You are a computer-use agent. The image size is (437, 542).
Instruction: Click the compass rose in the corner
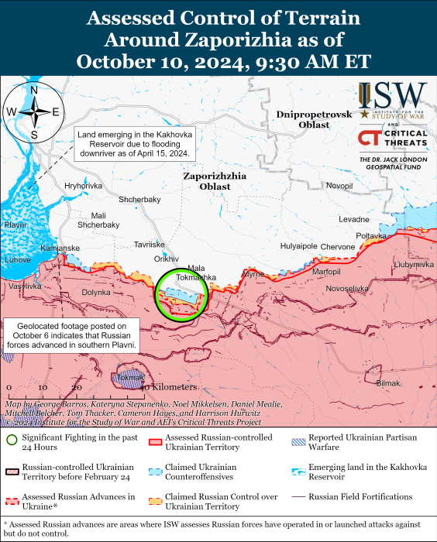point(33,113)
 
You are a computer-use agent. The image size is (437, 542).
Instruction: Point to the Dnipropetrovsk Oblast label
point(313,119)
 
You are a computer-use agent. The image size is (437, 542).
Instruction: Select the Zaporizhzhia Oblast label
point(215,181)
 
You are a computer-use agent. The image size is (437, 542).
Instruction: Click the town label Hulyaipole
point(298,246)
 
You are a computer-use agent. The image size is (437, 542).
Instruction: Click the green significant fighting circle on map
point(181,295)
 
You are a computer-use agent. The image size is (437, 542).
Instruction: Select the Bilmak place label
point(388,383)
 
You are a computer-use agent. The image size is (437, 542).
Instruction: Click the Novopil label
point(339,186)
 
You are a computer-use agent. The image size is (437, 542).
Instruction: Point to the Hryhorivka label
point(83,186)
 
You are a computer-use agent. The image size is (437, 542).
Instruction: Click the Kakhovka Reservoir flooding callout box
point(133,143)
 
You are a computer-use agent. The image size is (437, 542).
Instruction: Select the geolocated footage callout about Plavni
point(71,334)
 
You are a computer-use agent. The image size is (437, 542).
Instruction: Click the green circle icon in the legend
point(12,441)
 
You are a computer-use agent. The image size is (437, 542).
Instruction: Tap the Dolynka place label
point(96,292)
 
